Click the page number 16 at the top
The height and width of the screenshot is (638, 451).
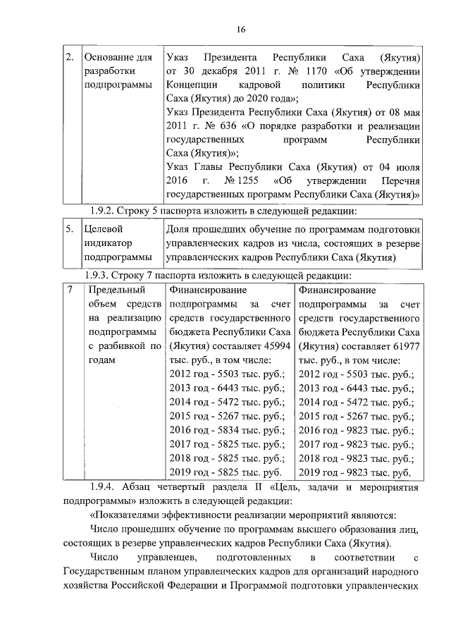click(x=240, y=29)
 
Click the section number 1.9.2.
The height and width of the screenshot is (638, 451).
click(x=108, y=210)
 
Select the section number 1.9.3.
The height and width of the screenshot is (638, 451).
click(x=108, y=276)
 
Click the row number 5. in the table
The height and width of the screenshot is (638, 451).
click(x=70, y=229)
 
